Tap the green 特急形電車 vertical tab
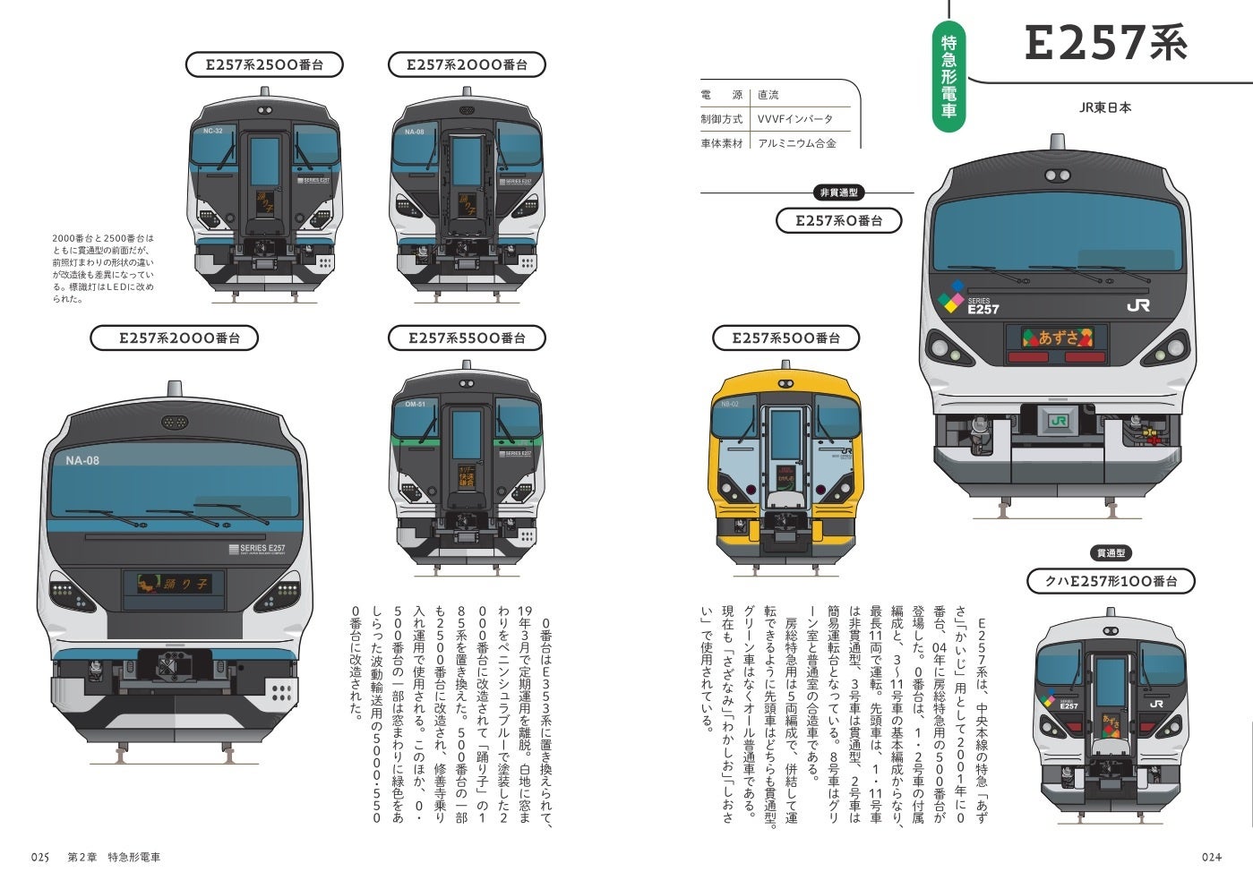948,76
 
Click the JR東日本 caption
1104,107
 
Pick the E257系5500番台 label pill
467,338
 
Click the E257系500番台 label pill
786,338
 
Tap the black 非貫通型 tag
838,192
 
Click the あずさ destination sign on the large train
1058,338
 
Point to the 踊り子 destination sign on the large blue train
175,584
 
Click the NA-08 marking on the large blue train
82,461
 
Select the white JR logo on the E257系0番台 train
1138,305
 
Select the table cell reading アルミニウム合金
796,142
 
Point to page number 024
1212,857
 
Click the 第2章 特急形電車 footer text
115,857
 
